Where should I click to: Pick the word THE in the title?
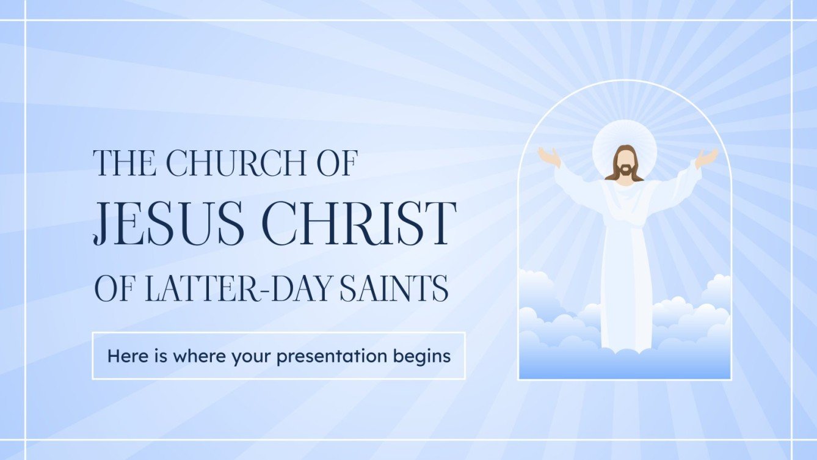click(x=122, y=162)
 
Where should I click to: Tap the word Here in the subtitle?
click(x=126, y=356)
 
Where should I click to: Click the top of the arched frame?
click(x=624, y=81)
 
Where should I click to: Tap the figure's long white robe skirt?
click(x=624, y=287)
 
